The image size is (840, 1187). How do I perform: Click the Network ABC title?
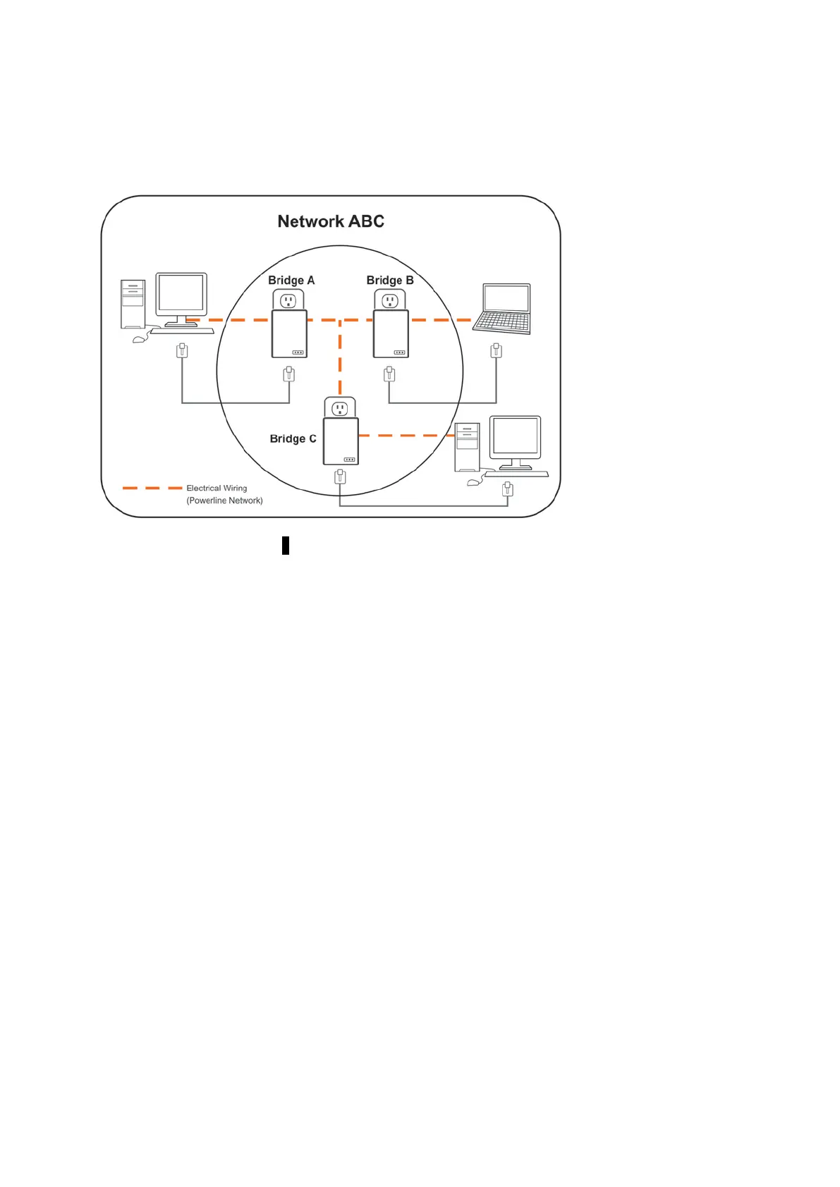click(x=331, y=221)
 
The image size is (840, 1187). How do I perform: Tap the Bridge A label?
click(x=291, y=280)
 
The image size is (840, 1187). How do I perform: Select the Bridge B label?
click(x=390, y=280)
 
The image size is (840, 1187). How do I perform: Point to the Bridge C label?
click(x=293, y=438)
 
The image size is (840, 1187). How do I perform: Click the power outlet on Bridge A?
click(x=288, y=301)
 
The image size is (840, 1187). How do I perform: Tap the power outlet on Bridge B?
click(x=390, y=301)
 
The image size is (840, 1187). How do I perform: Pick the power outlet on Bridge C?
click(x=340, y=409)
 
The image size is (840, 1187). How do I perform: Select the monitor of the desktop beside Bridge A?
click(x=181, y=295)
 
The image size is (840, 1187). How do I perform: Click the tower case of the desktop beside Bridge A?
click(x=133, y=304)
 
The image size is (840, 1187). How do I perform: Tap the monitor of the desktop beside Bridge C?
click(x=516, y=437)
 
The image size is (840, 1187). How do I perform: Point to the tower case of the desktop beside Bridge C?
click(x=467, y=447)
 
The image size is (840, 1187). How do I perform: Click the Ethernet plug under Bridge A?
click(x=288, y=374)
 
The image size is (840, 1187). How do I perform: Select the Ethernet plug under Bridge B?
click(x=389, y=374)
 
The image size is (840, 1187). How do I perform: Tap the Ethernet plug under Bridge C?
click(x=340, y=477)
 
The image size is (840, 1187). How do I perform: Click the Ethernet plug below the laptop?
click(x=497, y=350)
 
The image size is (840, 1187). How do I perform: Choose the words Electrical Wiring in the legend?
click(x=217, y=488)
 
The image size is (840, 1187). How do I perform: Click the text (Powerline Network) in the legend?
click(x=224, y=500)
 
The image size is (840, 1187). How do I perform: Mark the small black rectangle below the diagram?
click(x=286, y=546)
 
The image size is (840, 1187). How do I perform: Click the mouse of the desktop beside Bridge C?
click(x=473, y=482)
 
